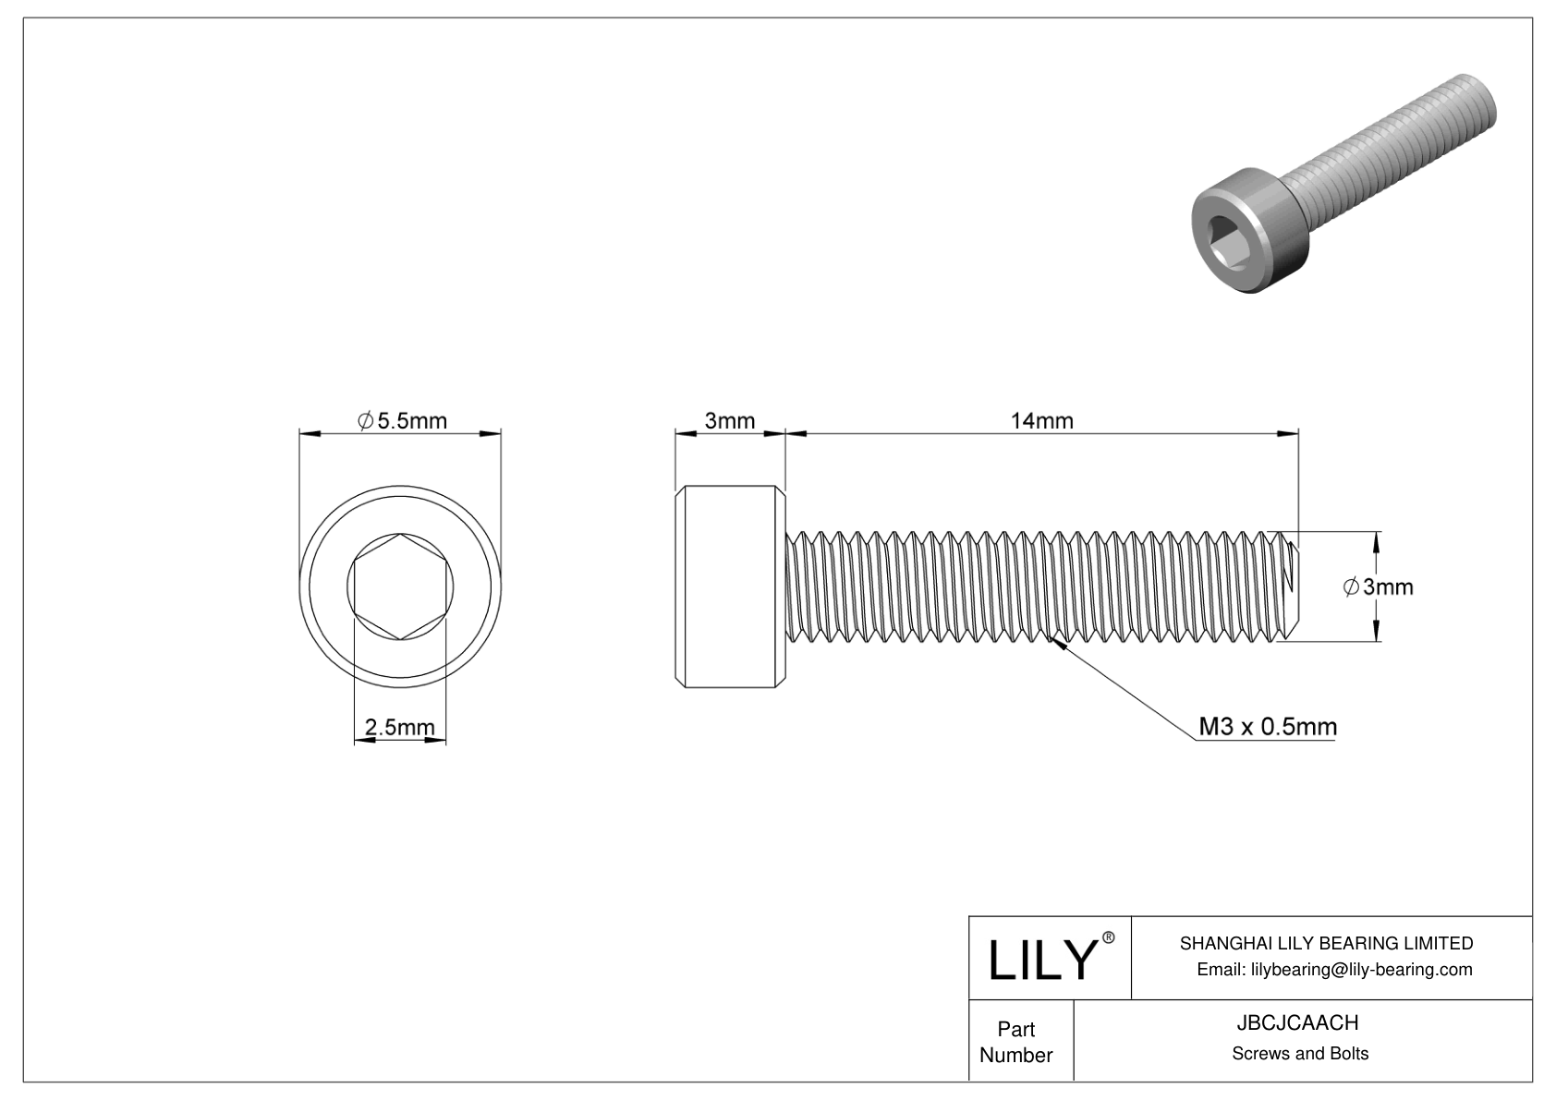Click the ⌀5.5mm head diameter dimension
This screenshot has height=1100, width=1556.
[403, 421]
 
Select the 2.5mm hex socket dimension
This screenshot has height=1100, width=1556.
[399, 728]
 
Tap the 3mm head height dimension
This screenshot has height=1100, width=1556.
[729, 421]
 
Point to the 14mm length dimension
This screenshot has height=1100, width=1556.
[1041, 421]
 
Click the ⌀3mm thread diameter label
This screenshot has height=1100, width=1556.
[1378, 586]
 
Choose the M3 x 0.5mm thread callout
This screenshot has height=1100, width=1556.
[1267, 727]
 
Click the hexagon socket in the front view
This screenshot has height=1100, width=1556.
[400, 586]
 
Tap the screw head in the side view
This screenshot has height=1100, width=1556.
[730, 586]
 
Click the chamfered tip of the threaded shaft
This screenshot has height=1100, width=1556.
[1291, 586]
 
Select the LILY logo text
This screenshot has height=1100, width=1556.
[1041, 961]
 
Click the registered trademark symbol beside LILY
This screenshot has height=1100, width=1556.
[1109, 937]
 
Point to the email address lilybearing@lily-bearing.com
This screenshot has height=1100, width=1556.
[1334, 970]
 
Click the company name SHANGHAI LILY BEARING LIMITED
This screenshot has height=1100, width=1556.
[1326, 943]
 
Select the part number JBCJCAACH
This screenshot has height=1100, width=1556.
[1298, 1022]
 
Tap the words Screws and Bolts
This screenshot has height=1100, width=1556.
[1299, 1053]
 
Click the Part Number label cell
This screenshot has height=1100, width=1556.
[1015, 1042]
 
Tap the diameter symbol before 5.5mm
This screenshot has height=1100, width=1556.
[365, 421]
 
